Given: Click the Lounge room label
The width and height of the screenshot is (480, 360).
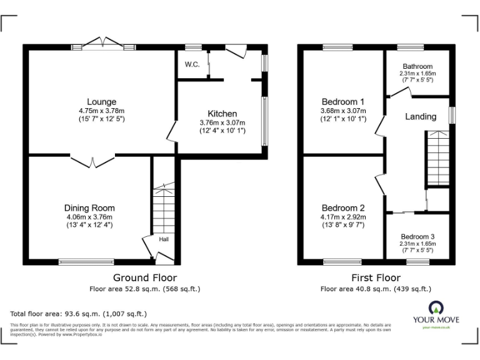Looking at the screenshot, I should pyautogui.click(x=101, y=102).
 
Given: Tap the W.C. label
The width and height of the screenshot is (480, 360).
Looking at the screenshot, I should pyautogui.click(x=191, y=64).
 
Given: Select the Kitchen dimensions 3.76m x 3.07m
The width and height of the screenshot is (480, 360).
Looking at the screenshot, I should pyautogui.click(x=222, y=122).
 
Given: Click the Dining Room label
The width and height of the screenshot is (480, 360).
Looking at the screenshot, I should pyautogui.click(x=89, y=208).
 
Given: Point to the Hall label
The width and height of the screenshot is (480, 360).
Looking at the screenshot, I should pyautogui.click(x=163, y=239).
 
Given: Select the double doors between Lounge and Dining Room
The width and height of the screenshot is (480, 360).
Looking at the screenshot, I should pyautogui.click(x=92, y=161).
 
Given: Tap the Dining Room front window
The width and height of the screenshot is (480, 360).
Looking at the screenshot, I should pyautogui.click(x=86, y=261).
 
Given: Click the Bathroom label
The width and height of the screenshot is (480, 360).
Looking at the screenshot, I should pyautogui.click(x=417, y=66).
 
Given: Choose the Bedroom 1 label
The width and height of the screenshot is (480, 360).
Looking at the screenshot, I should pyautogui.click(x=342, y=102).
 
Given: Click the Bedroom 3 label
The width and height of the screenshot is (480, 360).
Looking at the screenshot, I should pyautogui.click(x=417, y=237).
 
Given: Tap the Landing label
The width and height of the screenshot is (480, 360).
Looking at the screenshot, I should pyautogui.click(x=421, y=117).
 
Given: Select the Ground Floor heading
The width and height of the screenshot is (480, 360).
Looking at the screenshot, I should pyautogui.click(x=144, y=277).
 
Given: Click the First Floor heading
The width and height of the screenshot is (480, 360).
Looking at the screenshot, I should pyautogui.click(x=376, y=277).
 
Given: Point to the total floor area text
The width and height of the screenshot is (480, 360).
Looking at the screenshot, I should pyautogui.click(x=79, y=314).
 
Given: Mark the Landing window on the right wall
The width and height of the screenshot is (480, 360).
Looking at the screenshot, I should pyautogui.click(x=452, y=116).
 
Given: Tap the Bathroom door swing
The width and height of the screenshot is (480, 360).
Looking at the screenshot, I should pyautogui.click(x=400, y=92).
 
